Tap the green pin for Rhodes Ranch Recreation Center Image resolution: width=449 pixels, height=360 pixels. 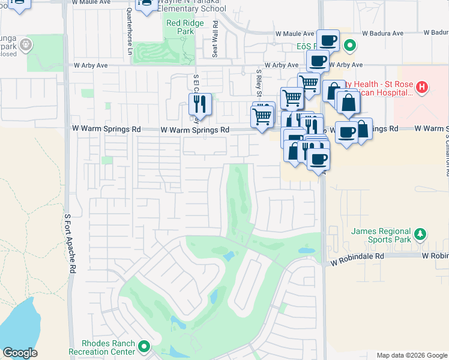(144, 346)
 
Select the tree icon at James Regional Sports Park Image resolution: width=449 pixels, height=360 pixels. (421, 233)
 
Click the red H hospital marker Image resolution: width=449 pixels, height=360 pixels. (422, 88)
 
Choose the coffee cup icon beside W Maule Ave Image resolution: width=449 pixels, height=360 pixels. (328, 41)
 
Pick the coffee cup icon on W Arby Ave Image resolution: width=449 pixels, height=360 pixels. (318, 61)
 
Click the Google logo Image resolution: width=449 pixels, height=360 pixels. (20, 353)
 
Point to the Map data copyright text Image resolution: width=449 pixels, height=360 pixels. (411, 355)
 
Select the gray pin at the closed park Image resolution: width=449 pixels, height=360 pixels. (25, 44)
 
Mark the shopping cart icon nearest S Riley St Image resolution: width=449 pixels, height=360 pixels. (262, 116)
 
